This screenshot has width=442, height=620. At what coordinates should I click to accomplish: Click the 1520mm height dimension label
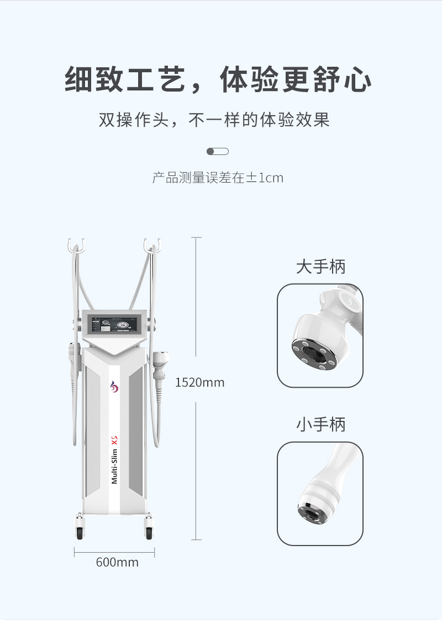[x=199, y=382]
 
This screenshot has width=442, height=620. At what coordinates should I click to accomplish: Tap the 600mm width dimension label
[x=117, y=562]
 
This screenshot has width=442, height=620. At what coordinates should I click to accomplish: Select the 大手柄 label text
[x=321, y=267]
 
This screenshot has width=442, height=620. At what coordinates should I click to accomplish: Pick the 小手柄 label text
[x=321, y=424]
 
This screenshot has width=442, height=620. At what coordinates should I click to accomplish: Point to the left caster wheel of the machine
[x=80, y=530]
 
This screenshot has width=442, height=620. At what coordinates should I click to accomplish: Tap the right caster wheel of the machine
[x=149, y=530]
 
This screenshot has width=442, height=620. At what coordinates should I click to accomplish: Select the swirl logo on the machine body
[x=114, y=387]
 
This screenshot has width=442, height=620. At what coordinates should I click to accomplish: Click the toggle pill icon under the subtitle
[x=218, y=152]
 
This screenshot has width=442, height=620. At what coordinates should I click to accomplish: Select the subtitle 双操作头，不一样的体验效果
[x=214, y=120]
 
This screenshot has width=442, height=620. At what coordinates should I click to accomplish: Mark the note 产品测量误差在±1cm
[x=218, y=178]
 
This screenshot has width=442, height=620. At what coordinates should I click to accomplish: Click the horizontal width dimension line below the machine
[x=114, y=552]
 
